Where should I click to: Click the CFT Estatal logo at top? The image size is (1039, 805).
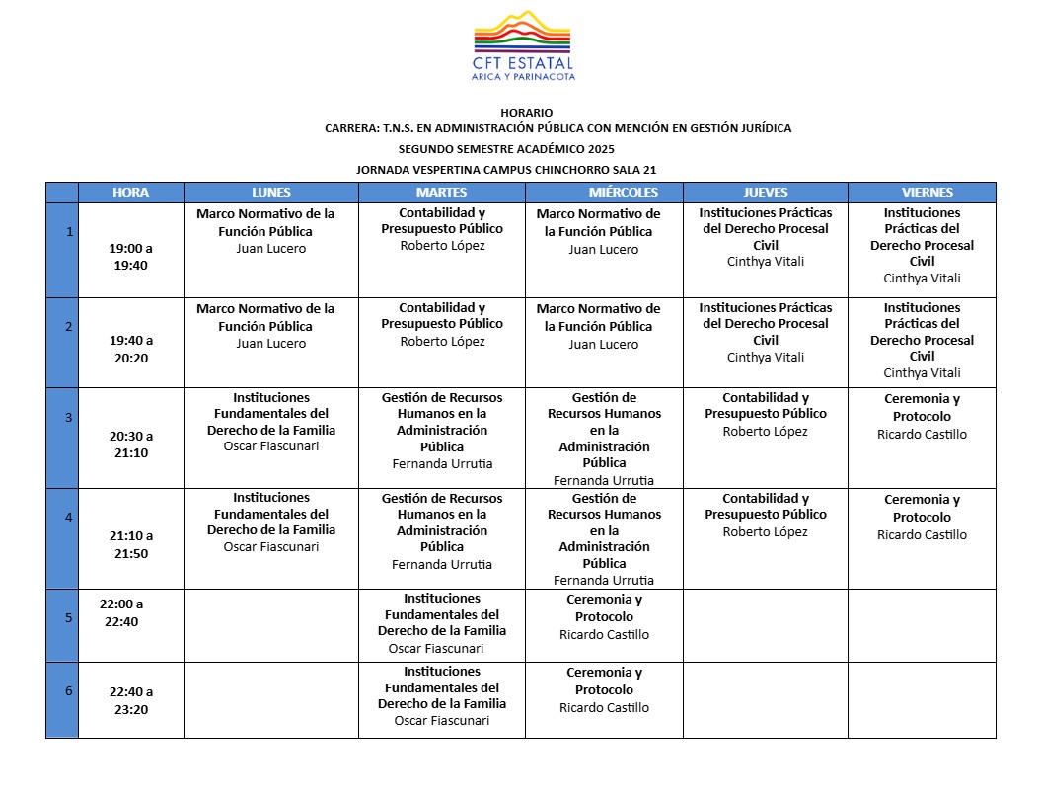tap(523, 45)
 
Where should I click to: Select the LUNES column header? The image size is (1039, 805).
tap(271, 192)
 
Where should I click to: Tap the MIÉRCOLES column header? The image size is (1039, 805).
tap(603, 192)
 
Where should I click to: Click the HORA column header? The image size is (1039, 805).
tap(130, 192)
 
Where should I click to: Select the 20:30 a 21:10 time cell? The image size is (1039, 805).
tap(130, 443)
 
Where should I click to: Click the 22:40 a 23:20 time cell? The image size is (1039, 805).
tap(130, 700)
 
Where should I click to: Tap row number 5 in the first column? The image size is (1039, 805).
tap(68, 618)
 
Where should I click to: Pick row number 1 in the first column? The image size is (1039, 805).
tap(68, 232)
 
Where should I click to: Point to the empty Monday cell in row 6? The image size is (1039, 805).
tap(271, 700)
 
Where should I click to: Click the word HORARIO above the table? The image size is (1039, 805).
tap(526, 113)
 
